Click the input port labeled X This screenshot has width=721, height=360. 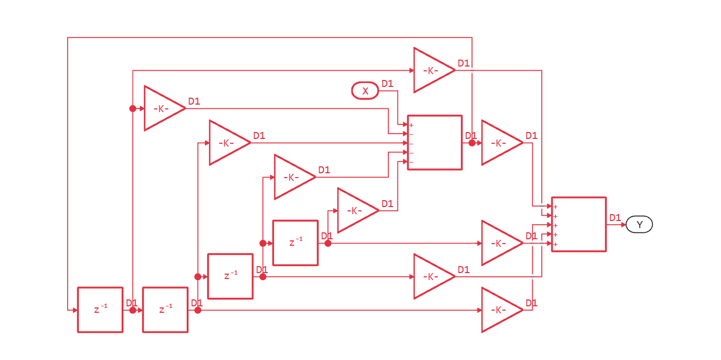tap(365, 91)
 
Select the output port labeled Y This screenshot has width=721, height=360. tap(639, 224)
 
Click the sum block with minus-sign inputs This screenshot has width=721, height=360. tap(435, 143)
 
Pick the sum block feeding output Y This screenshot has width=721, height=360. tap(579, 224)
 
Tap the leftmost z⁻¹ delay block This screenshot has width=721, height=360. tap(100, 310)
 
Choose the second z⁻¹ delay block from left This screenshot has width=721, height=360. tap(165, 310)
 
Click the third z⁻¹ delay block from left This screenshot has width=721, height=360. tap(230, 276)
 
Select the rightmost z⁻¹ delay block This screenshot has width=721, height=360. tap(296, 243)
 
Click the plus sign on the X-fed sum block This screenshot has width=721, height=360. tap(411, 125)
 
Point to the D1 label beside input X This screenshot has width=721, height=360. tap(387, 84)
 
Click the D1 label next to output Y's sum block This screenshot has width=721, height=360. tap(615, 218)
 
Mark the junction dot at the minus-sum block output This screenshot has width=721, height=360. tap(472, 143)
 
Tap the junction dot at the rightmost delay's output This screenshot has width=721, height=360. tap(328, 243)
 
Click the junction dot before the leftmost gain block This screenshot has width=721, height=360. tap(133, 108)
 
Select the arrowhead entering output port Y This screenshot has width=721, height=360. tap(623, 224)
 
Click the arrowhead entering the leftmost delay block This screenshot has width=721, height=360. tap(75, 310)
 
